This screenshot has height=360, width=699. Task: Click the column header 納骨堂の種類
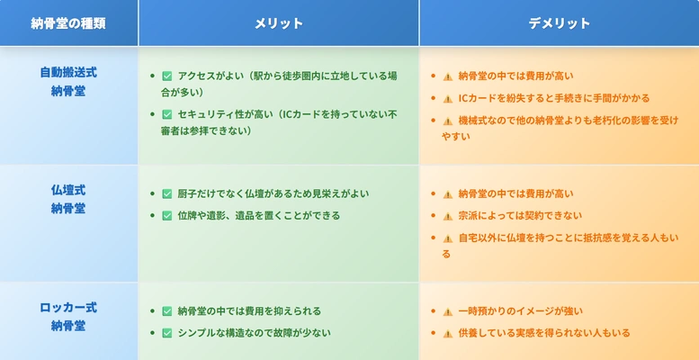tap(68, 23)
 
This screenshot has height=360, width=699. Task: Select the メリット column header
tap(279, 23)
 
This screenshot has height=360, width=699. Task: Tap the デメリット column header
tap(559, 23)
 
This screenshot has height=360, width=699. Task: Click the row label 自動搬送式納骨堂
tap(68, 82)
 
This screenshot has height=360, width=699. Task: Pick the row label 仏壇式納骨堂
tap(68, 199)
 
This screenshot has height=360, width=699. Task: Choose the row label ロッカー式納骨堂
tap(68, 316)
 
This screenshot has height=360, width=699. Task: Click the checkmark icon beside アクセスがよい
tap(167, 76)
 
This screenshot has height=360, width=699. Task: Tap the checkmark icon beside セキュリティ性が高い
tap(167, 114)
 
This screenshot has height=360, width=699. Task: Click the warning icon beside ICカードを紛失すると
tap(448, 99)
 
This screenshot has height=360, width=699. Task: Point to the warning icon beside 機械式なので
tap(448, 121)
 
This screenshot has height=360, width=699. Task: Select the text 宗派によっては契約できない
tap(520, 216)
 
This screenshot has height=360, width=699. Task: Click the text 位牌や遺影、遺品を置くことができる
tap(258, 216)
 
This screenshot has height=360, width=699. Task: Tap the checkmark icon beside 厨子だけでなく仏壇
tap(167, 194)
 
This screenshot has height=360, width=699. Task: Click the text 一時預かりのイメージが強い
tap(520, 310)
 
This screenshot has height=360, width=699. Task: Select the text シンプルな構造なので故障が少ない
tap(254, 333)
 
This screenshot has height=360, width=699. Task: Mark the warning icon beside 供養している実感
tap(448, 333)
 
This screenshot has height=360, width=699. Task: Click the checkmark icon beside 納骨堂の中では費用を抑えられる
tap(167, 311)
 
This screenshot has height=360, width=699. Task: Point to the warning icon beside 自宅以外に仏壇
tap(448, 238)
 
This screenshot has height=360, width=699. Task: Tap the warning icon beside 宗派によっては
tap(448, 216)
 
